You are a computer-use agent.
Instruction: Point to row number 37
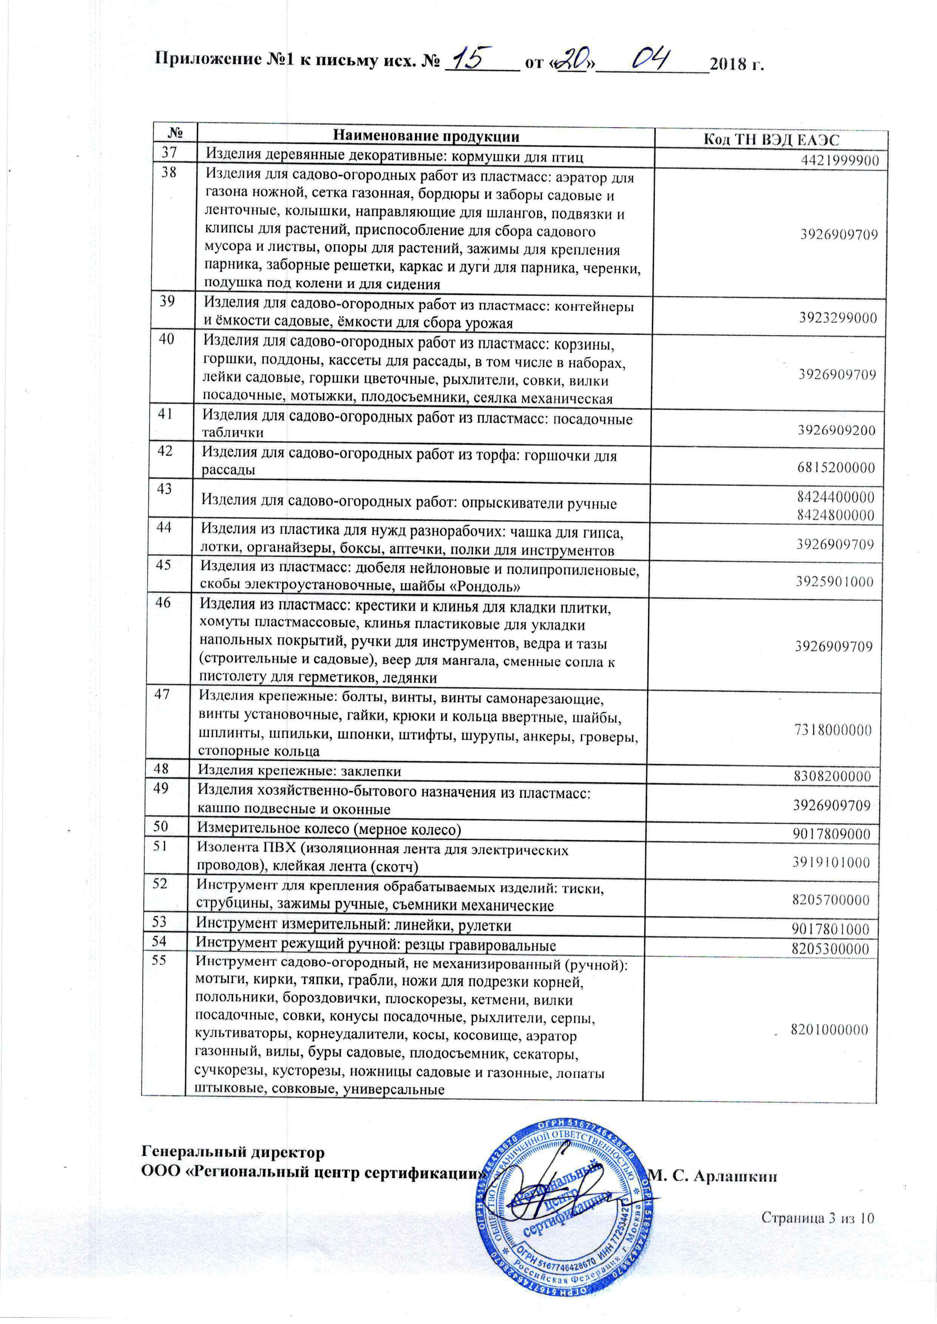point(169,153)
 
